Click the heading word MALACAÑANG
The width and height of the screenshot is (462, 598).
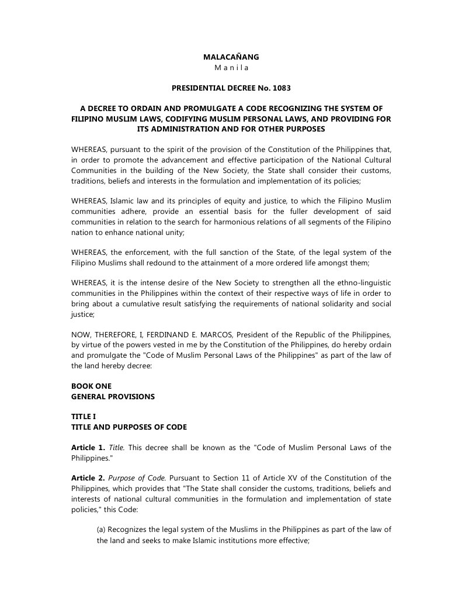[231, 57]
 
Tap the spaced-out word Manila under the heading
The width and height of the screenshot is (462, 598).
[231, 68]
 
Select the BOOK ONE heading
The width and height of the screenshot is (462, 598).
[91, 386]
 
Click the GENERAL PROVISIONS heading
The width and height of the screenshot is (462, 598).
[113, 396]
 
